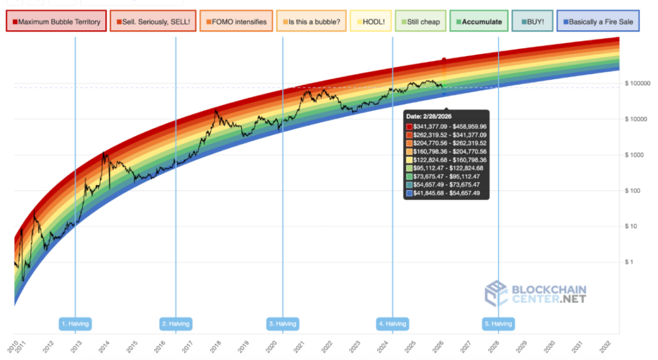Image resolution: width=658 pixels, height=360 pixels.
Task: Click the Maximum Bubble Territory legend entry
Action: click(x=56, y=22)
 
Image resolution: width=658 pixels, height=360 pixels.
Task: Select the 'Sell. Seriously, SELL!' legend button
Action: click(x=152, y=22)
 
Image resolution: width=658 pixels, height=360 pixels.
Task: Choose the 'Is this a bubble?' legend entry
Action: click(x=311, y=22)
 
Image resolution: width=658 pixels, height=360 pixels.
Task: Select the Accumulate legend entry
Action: click(x=479, y=22)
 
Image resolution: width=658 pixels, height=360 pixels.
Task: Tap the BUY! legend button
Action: click(x=531, y=22)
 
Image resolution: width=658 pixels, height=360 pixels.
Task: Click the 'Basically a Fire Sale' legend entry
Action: click(x=598, y=22)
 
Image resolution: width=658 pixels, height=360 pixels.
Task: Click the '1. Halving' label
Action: click(x=75, y=323)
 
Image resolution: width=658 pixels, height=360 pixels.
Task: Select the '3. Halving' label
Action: click(x=283, y=323)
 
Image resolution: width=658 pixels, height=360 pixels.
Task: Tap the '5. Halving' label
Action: click(x=498, y=323)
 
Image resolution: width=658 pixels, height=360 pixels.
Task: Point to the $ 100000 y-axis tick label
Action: click(x=638, y=84)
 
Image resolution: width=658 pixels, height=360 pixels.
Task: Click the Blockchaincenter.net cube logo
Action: click(x=495, y=294)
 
